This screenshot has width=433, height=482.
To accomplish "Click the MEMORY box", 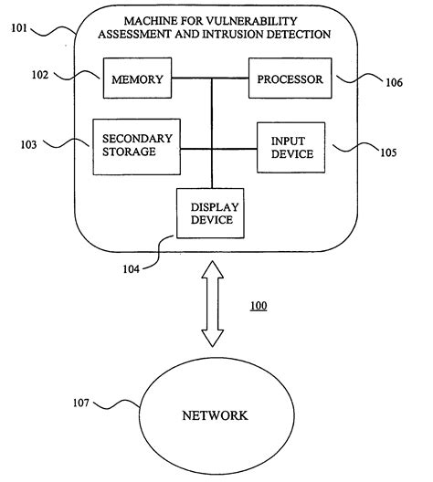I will pos(136,79).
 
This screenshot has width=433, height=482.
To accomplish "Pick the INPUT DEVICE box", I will pos(292,147).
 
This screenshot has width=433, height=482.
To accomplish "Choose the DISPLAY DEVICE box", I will pos(212,213).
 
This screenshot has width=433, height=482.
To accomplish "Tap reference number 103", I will pos(27,144).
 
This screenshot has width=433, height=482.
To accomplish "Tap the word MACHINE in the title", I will pos(155,20).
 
